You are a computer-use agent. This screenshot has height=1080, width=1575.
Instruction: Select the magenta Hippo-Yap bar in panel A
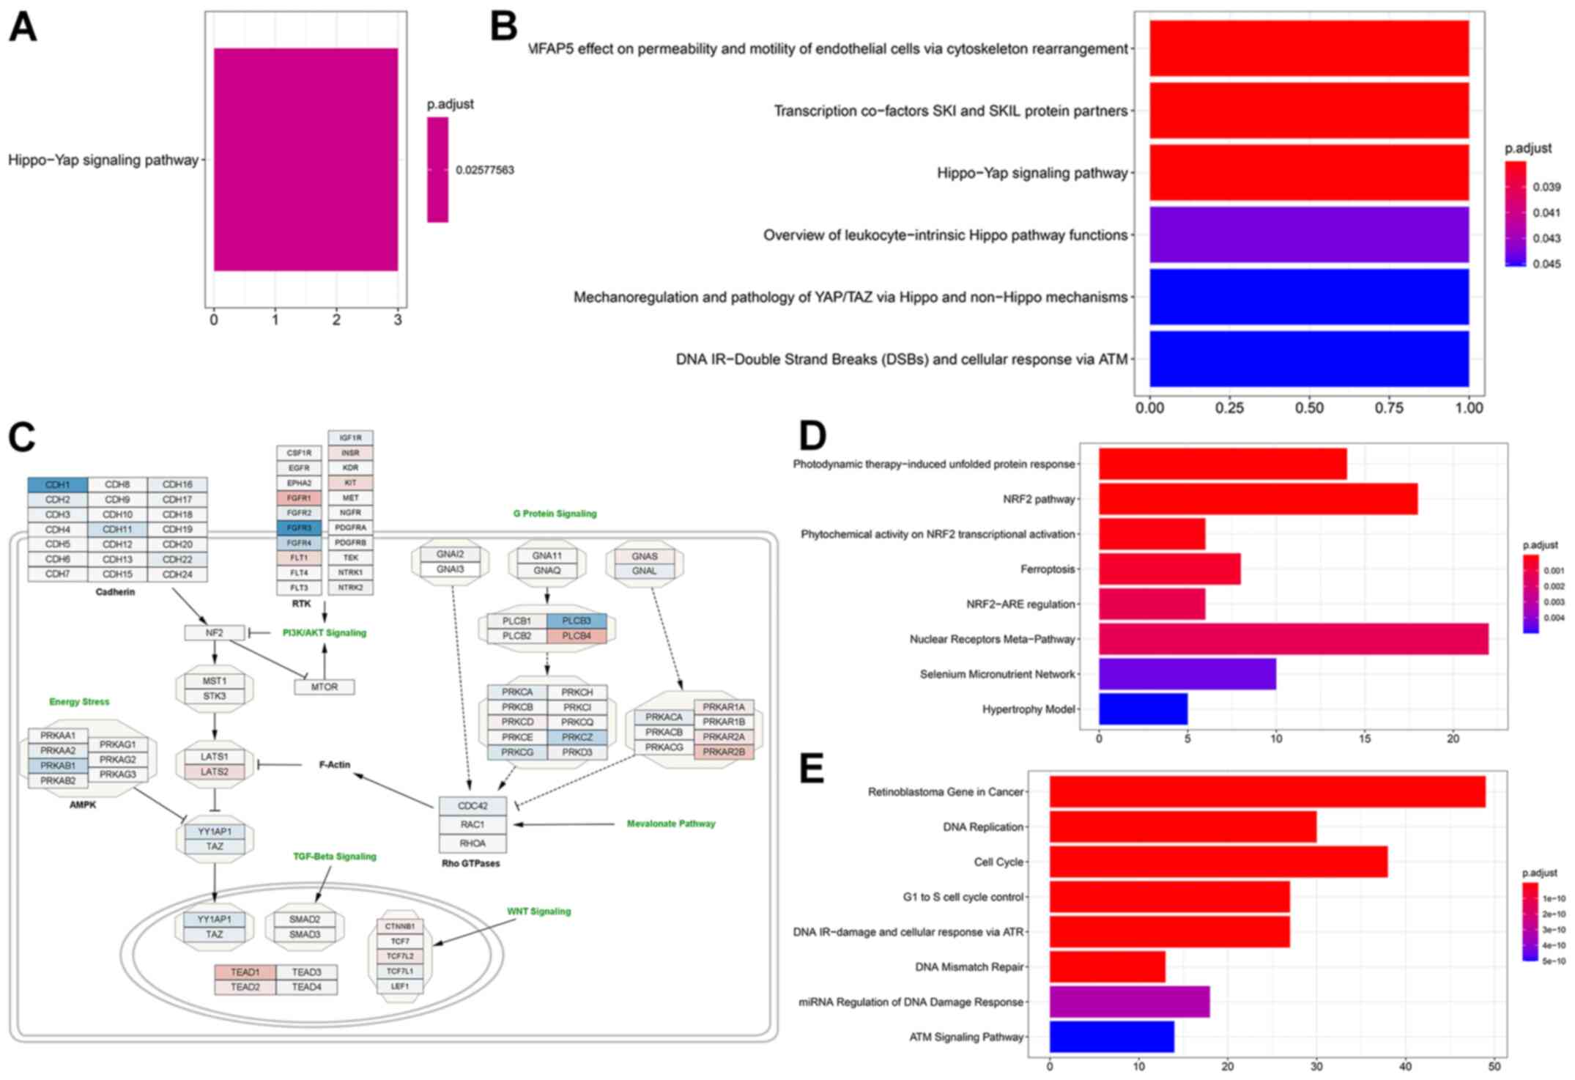coord(305,159)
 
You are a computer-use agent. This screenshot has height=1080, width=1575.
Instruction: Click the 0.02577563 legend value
coord(484,170)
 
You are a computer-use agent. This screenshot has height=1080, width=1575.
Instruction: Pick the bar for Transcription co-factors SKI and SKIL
coord(1308,111)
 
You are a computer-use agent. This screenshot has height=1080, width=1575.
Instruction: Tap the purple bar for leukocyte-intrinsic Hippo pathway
coord(1308,234)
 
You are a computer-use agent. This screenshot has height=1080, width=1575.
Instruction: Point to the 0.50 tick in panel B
coord(1309,408)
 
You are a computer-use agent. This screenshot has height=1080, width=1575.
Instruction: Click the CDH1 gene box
coord(58,485)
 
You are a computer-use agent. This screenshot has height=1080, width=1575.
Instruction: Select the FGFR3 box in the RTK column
coord(299,528)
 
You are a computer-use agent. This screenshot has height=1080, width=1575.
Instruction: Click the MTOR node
coord(325,687)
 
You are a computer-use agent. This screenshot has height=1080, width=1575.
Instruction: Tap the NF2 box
coord(214,632)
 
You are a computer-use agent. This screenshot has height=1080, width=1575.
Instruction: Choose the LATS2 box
coord(214,772)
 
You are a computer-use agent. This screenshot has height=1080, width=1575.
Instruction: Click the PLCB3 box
coord(577,621)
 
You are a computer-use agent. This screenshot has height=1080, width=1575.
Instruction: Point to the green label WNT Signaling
coord(538,911)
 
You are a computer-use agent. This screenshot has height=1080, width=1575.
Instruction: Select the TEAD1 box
coord(245,972)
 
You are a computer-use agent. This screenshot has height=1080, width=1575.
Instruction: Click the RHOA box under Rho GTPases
coord(472,843)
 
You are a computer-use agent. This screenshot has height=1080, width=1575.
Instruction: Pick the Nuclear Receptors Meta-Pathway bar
coord(1293,639)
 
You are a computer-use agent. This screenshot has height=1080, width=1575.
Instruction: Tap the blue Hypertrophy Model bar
coord(1143,709)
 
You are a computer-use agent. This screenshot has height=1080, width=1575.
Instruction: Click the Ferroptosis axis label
coord(1048,569)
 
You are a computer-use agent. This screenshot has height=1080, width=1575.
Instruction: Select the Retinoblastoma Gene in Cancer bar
coord(1267,792)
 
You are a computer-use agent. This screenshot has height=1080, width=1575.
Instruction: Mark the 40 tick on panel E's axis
coord(1405,1067)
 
